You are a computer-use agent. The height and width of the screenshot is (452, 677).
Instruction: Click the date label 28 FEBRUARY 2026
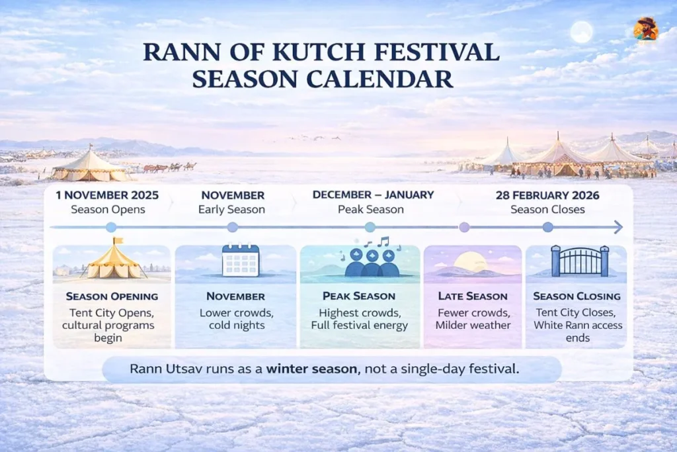[x=547, y=195]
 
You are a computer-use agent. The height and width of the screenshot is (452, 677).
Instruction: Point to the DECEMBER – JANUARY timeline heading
[x=373, y=195]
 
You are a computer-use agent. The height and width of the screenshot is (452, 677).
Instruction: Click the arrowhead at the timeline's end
[x=617, y=228]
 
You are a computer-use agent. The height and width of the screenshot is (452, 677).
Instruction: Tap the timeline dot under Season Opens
[x=111, y=228]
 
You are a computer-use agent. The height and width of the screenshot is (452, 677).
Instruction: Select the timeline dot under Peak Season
[x=370, y=228]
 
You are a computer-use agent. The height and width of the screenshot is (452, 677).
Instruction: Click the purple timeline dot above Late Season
[x=464, y=228]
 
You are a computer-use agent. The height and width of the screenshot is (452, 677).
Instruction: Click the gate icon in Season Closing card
[x=580, y=261]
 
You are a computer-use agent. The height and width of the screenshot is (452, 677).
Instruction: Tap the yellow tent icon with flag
[x=114, y=259]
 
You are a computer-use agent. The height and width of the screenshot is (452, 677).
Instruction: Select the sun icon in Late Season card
[x=470, y=262]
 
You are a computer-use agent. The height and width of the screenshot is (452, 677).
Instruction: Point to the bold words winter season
[x=308, y=369]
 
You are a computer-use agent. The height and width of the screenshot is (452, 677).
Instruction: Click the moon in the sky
[x=582, y=32]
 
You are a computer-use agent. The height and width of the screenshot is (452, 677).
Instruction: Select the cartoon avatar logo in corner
[x=645, y=28]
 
